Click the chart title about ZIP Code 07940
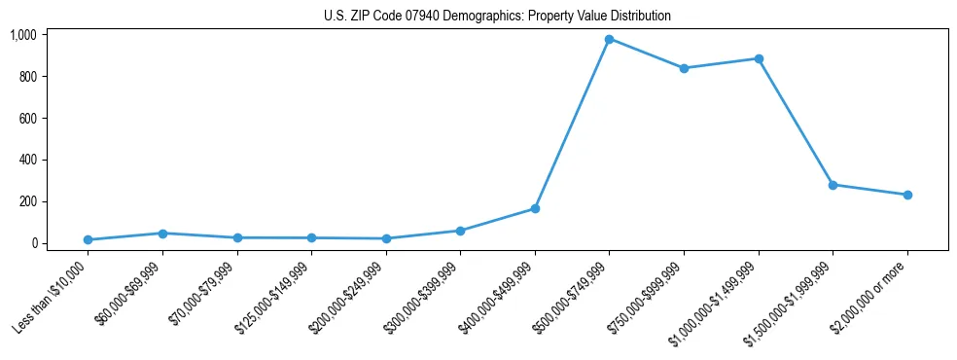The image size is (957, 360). point(497,16)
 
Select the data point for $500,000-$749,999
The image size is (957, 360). point(609,39)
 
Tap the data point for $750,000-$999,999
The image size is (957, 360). point(684,68)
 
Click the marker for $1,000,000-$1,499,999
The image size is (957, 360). point(759,58)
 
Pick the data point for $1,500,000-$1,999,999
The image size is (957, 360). point(833,185)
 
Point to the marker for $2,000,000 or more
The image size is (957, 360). point(907,195)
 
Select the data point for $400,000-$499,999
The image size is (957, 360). point(535,208)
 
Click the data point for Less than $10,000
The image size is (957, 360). point(88,239)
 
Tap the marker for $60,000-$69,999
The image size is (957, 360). point(162,233)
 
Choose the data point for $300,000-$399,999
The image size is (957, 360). point(460,231)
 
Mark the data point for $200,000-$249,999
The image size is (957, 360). point(386,238)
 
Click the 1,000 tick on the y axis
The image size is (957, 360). point(22,35)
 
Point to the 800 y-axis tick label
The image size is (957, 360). point(26,77)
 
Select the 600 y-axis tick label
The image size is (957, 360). point(26,119)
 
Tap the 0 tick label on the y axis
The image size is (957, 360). point(33,243)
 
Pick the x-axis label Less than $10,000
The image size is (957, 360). point(53,299)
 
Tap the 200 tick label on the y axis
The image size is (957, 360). point(26,201)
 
